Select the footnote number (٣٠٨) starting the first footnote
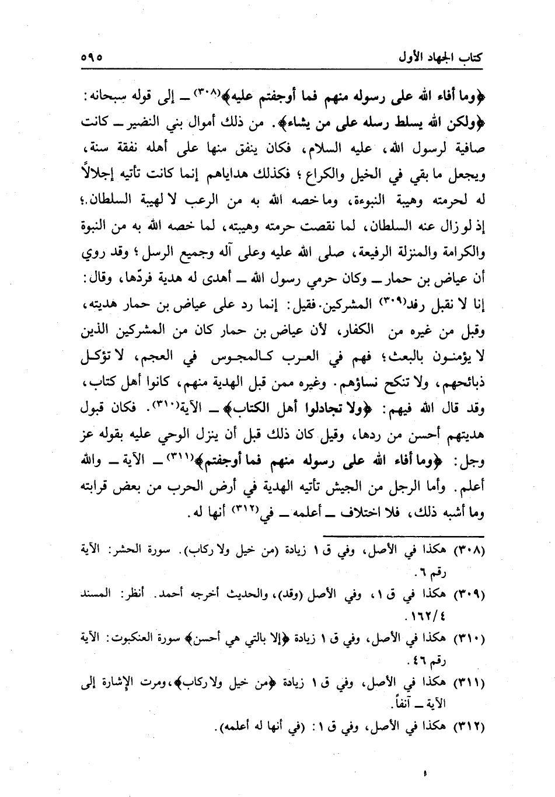coord(469,549)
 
